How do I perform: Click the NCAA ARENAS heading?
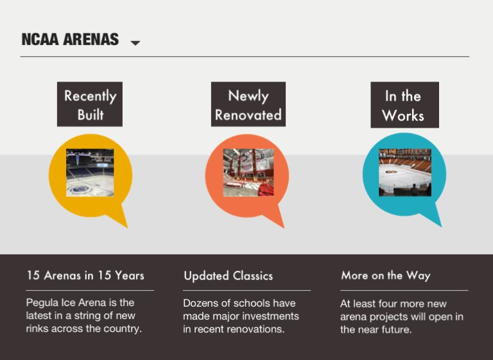tap(70, 40)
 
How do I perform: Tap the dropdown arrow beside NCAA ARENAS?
tap(135, 43)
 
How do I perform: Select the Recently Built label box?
tap(90, 105)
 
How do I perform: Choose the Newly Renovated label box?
tap(248, 105)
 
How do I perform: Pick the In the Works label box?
tap(404, 105)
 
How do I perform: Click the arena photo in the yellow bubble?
tap(90, 173)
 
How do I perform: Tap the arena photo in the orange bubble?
tap(248, 173)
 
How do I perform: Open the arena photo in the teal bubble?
tap(405, 173)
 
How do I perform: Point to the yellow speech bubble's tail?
tap(127, 227)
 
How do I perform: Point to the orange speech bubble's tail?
tap(284, 227)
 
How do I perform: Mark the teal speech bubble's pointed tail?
tap(441, 226)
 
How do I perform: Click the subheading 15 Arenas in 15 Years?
tap(85, 275)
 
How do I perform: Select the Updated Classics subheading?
tap(229, 276)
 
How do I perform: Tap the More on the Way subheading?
tap(386, 276)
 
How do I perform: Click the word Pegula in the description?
tap(42, 303)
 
